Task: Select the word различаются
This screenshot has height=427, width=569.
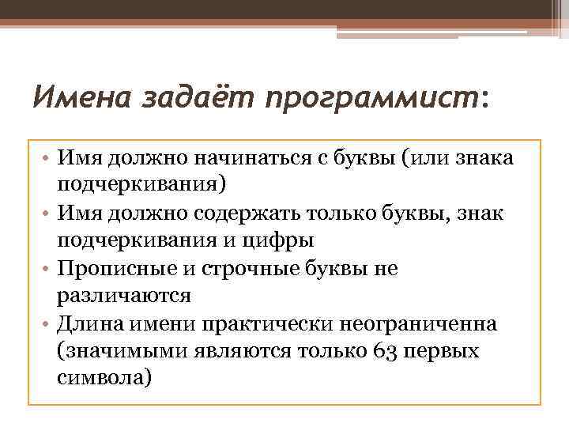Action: (x=124, y=296)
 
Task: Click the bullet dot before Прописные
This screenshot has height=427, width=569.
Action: (x=45, y=269)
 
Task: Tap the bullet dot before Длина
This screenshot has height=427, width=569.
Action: (x=45, y=324)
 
